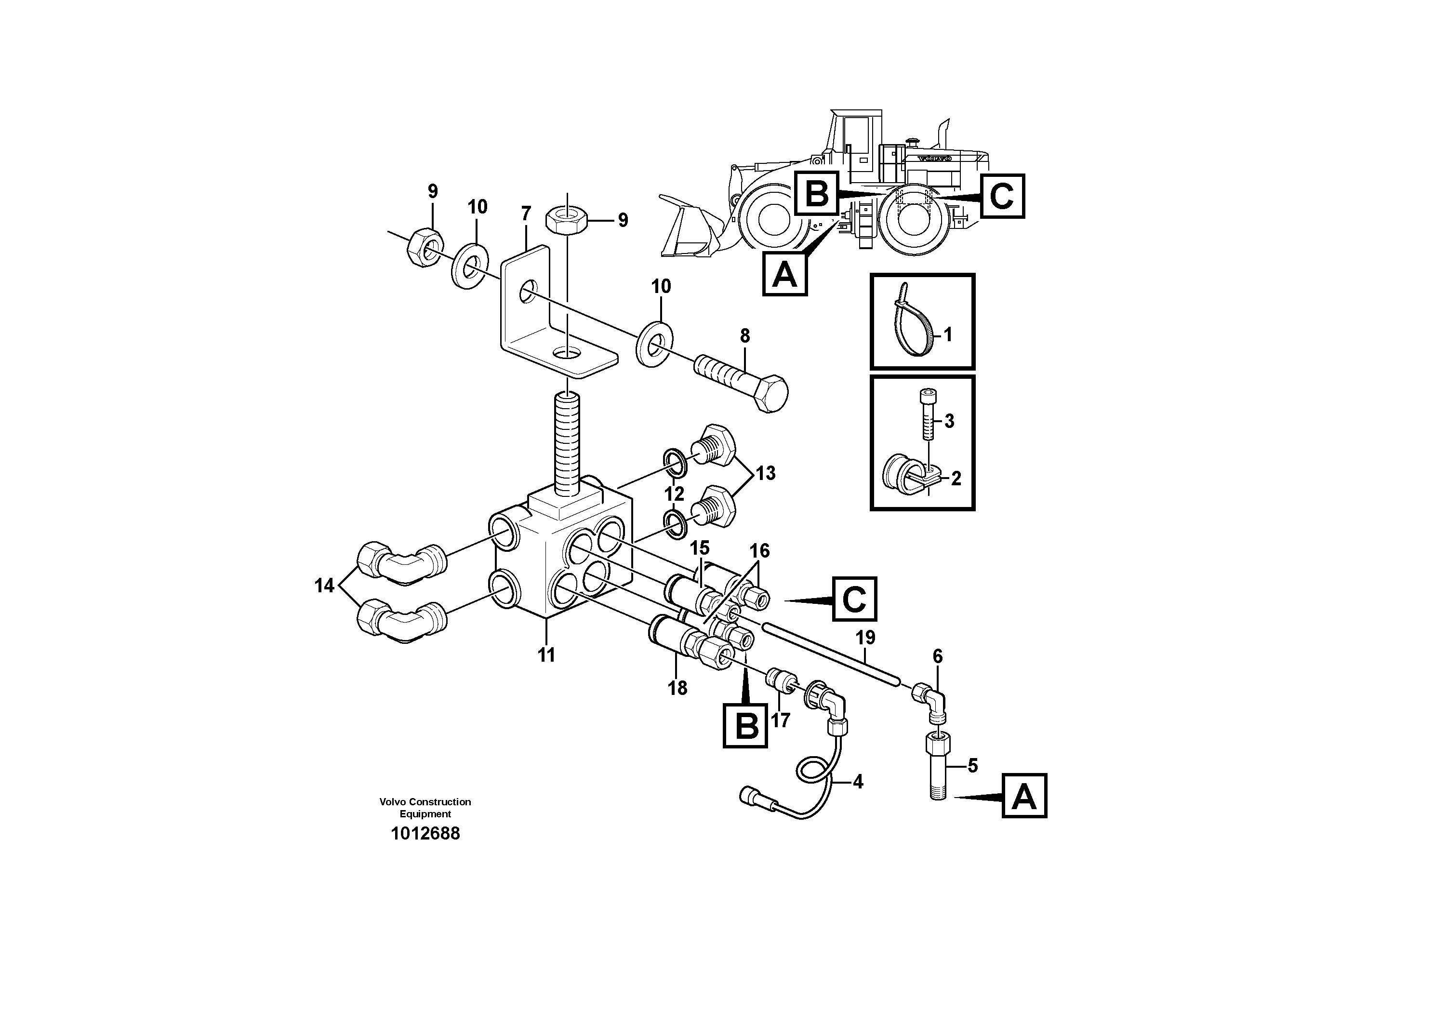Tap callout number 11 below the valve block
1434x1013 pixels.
tap(546, 655)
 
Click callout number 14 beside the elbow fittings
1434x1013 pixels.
tap(324, 586)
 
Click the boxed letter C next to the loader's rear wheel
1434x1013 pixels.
tap(1002, 196)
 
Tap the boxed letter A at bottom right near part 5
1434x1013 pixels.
tap(1024, 796)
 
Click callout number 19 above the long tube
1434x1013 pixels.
tap(865, 638)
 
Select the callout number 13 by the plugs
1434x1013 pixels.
tap(765, 473)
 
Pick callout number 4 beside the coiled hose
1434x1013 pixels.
tap(858, 781)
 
